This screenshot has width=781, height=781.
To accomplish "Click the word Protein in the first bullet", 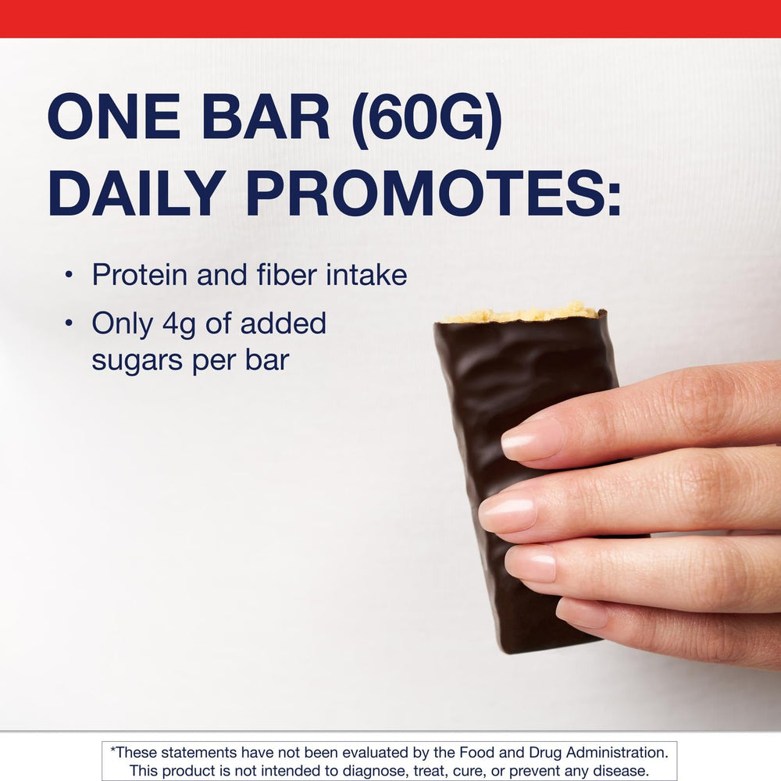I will pos(138,275).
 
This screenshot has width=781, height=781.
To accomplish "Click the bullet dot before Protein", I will pos(69,276).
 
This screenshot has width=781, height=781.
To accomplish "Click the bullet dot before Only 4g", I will pos(69,323).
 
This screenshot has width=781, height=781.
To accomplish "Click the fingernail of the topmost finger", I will pos(531,439).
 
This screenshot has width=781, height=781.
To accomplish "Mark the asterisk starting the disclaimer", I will pos(113,751).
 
